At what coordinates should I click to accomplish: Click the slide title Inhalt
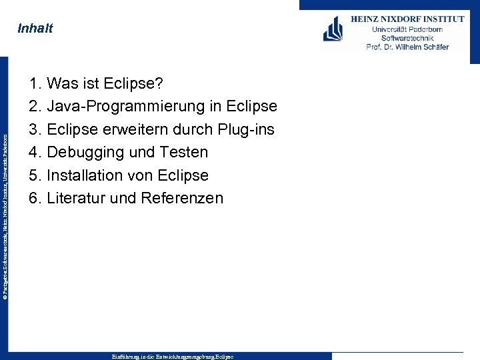35,29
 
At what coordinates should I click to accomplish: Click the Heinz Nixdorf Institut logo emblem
333,30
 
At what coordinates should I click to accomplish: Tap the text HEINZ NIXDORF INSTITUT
407,19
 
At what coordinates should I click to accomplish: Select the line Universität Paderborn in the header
407,29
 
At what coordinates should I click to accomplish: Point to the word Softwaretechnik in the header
407,38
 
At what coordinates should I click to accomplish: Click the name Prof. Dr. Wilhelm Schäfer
407,47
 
